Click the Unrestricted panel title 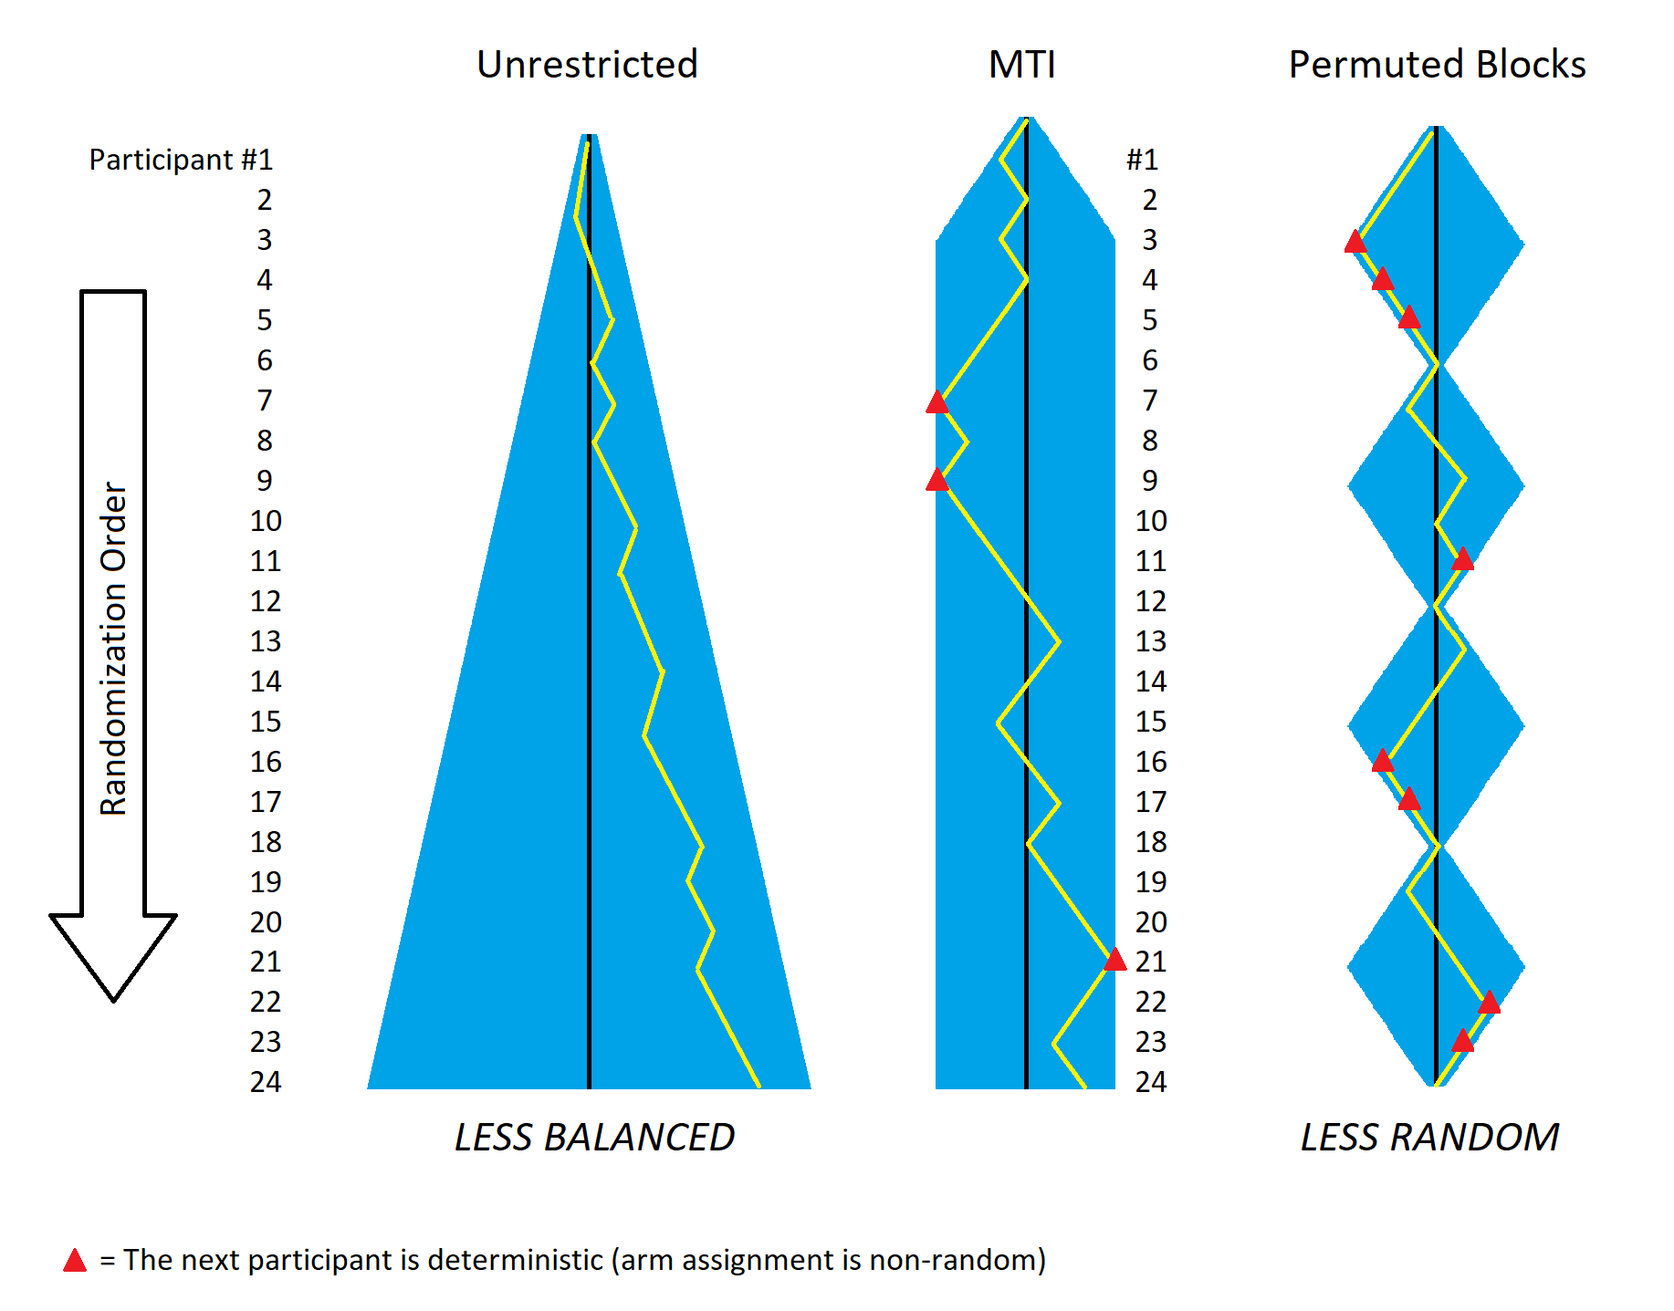click(x=587, y=65)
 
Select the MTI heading click(x=1022, y=65)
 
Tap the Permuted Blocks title click(x=1437, y=65)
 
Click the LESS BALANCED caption click(x=594, y=1138)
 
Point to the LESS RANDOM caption click(x=1429, y=1138)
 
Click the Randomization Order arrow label click(x=114, y=648)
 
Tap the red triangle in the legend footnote click(x=75, y=1261)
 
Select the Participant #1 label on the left click(x=181, y=160)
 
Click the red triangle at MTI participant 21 click(x=1114, y=960)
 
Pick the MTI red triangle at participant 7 click(x=937, y=402)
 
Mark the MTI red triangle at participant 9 click(x=937, y=480)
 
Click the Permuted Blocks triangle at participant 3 click(x=1355, y=242)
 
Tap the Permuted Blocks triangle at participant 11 click(x=1462, y=559)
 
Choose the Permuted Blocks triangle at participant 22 click(x=1489, y=1003)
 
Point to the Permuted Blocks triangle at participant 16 click(x=1382, y=760)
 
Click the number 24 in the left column click(x=266, y=1082)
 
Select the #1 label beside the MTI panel click(x=1142, y=160)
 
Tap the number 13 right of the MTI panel click(x=1151, y=641)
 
